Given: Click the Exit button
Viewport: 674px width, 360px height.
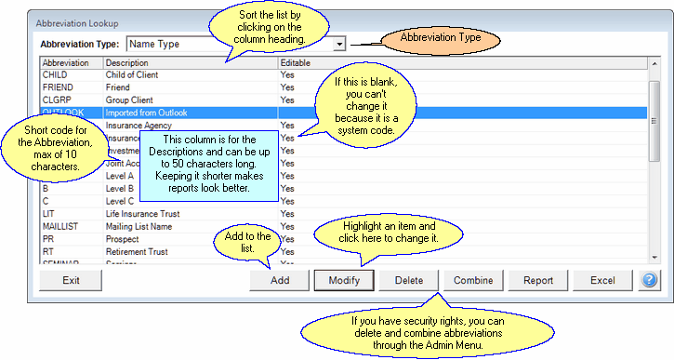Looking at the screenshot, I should coord(70,280).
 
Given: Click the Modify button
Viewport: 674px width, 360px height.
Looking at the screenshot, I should coord(344,280).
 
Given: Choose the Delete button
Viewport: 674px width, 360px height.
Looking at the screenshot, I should coord(409,280).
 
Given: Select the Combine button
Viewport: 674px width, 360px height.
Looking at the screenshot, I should coord(473,280).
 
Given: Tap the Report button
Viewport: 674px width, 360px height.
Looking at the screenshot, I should coord(538,280).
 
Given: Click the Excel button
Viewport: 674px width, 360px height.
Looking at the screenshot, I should coord(602,280).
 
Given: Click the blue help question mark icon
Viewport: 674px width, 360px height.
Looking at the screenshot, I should coord(649,280).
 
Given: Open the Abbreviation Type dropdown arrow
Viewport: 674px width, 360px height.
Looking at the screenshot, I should coord(340,43).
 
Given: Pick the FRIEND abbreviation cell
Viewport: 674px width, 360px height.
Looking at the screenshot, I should coord(57,87).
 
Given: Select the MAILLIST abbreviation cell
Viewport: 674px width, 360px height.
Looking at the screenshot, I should coord(60,226).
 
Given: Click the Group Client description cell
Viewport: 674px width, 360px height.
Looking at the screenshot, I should coord(131,100).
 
